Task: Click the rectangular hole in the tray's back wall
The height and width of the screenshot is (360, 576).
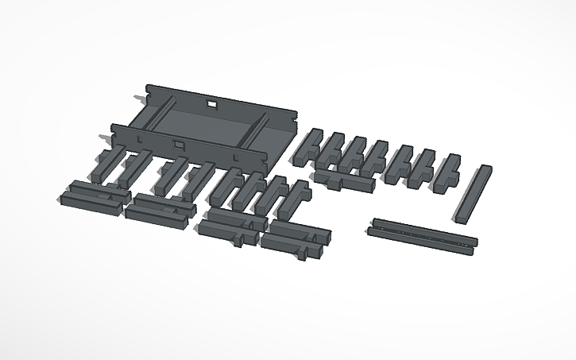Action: coord(212,103)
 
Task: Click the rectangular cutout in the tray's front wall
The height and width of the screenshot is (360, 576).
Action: coord(179,145)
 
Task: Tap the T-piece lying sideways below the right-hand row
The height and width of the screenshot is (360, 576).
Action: coord(343,180)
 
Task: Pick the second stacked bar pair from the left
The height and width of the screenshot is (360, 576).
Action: coord(159,207)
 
